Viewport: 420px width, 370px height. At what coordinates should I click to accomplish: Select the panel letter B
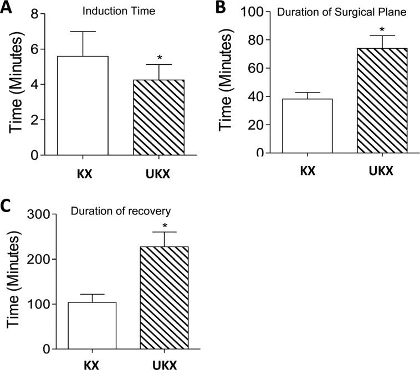click(x=221, y=8)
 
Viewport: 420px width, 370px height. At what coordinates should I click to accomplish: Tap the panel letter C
click(x=7, y=206)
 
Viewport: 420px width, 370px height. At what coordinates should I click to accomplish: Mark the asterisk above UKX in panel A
click(x=159, y=58)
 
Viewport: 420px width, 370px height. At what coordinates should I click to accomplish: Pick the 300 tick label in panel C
click(x=47, y=214)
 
